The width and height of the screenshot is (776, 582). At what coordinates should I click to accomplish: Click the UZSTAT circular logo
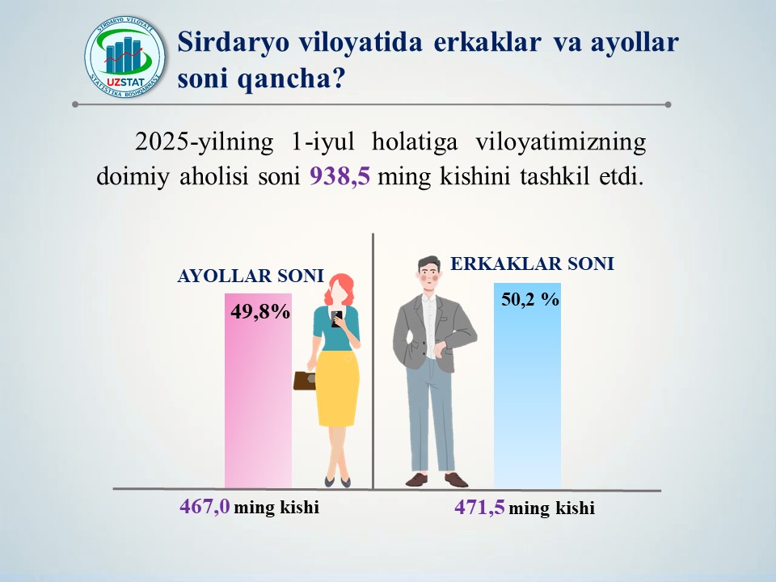click(x=124, y=56)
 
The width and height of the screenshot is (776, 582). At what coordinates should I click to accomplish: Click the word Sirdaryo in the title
click(x=233, y=43)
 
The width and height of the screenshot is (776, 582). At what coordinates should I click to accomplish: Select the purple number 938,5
click(x=339, y=176)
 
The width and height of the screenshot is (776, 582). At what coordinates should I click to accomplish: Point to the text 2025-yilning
click(x=204, y=142)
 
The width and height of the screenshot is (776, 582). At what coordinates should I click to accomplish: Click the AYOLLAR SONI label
click(x=251, y=276)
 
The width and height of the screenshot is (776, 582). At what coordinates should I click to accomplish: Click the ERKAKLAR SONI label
click(x=532, y=264)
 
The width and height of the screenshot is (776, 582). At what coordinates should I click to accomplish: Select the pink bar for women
click(x=259, y=391)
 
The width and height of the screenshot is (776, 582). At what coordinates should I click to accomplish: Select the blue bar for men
click(x=528, y=386)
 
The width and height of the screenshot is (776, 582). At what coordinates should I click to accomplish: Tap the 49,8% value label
click(x=260, y=312)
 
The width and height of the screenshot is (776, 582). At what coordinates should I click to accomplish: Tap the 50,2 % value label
click(x=530, y=299)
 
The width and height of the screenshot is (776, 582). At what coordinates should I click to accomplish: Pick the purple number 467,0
click(x=205, y=506)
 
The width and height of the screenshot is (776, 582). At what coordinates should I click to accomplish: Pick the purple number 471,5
click(x=479, y=508)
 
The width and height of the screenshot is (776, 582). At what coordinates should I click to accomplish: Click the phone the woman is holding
click(x=336, y=319)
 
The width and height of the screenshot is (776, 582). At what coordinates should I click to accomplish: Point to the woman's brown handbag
click(x=305, y=380)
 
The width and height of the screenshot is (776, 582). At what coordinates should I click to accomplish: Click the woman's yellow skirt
click(x=338, y=389)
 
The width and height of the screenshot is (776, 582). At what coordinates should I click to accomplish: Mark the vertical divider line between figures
click(x=373, y=361)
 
